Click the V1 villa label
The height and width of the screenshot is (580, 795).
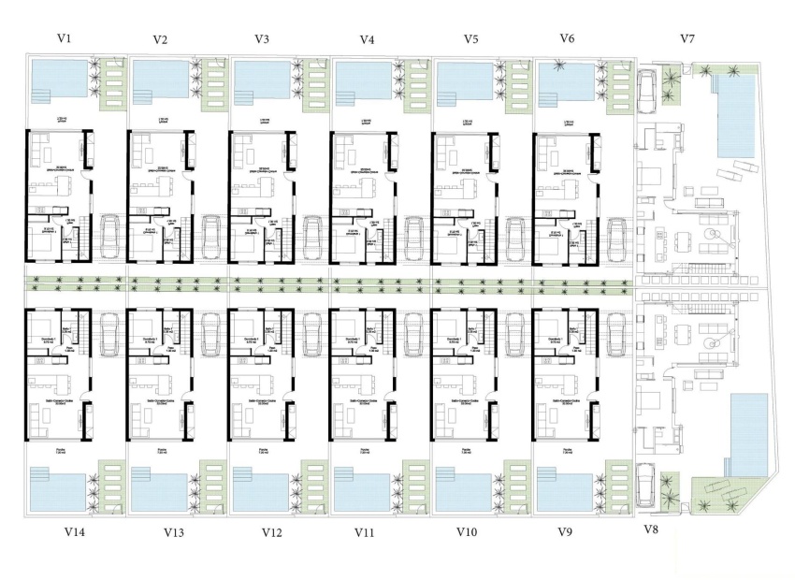pyautogui.click(x=64, y=38)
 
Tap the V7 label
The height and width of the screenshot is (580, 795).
pyautogui.click(x=687, y=38)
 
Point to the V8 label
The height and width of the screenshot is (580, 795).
pyautogui.click(x=651, y=529)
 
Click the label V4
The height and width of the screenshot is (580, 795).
pyautogui.click(x=368, y=39)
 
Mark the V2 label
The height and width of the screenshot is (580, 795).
pyautogui.click(x=160, y=39)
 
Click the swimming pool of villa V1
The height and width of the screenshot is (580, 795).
pyautogui.click(x=58, y=82)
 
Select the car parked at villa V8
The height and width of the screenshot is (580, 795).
pyautogui.click(x=646, y=484)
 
